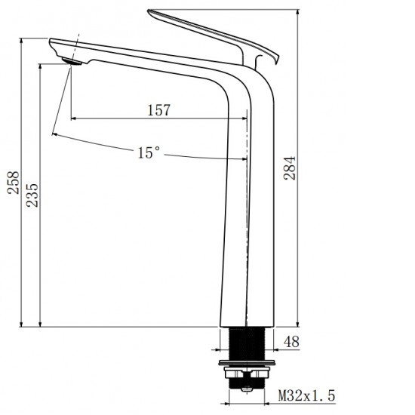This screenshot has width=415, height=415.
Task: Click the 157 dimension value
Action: pyautogui.click(x=158, y=109)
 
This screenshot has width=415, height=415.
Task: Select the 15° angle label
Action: pyautogui.click(x=149, y=153)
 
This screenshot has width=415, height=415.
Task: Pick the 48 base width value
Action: pyautogui.click(x=291, y=342)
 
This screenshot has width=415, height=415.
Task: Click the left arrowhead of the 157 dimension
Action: pyautogui.click(x=74, y=118)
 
